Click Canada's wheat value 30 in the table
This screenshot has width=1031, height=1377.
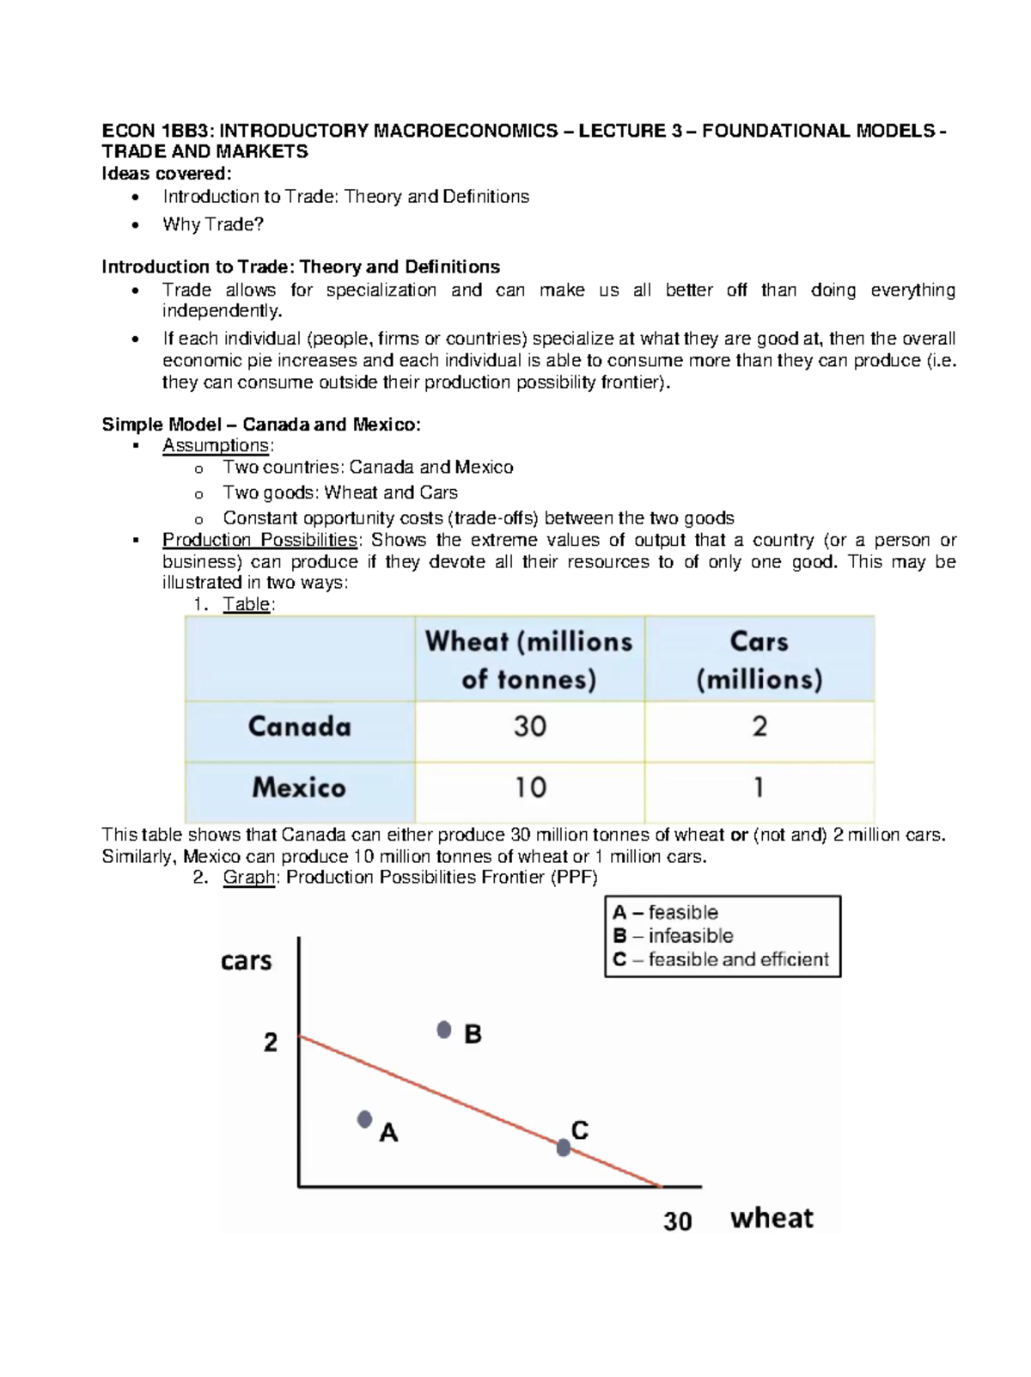tap(530, 727)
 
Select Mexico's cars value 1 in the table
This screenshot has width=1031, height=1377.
tap(759, 787)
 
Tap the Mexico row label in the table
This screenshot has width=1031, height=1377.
tap(299, 787)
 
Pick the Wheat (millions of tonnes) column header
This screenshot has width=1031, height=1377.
tap(529, 660)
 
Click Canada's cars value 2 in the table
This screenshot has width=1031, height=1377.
tap(760, 727)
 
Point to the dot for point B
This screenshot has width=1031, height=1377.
tap(444, 1030)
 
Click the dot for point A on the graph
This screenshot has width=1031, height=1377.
tap(365, 1119)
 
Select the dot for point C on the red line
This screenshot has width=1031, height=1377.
tap(564, 1147)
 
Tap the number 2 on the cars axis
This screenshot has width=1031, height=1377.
tap(271, 1043)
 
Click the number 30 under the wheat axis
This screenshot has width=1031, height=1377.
tap(678, 1221)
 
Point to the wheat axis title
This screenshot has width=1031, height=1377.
tap(772, 1218)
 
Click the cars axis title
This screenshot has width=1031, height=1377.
tap(247, 960)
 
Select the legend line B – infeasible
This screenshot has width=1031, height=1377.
tap(674, 936)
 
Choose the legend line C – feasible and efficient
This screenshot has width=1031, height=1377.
tap(722, 960)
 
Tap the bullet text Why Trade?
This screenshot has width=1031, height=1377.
tap(213, 224)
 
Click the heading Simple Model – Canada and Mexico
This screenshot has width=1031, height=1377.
tap(261, 425)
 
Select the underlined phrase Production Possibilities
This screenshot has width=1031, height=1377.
tap(259, 541)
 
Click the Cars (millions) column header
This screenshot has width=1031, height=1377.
tap(760, 660)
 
